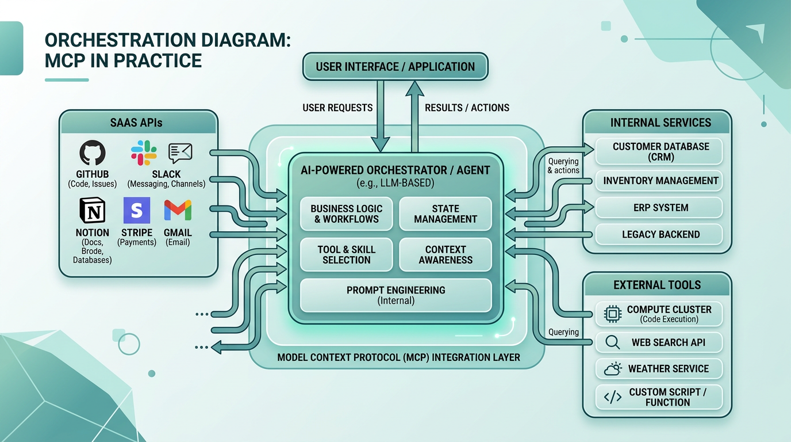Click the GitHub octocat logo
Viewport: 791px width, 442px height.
(93, 155)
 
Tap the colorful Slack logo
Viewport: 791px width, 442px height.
(144, 153)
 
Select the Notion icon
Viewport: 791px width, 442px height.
(92, 211)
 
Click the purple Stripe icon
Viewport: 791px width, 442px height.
(137, 211)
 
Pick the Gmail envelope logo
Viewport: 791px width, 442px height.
(178, 211)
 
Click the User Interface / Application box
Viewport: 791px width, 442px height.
(395, 67)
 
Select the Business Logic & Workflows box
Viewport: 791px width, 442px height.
(346, 214)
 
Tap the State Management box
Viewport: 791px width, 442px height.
(446, 214)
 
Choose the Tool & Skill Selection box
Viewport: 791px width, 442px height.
(346, 254)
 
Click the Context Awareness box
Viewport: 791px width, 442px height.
(446, 254)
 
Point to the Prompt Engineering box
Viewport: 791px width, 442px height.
(395, 295)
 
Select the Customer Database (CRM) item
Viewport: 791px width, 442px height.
(660, 152)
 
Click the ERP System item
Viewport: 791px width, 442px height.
(660, 208)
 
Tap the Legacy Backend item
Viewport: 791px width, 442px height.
(660, 234)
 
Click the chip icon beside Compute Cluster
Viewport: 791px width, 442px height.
(613, 314)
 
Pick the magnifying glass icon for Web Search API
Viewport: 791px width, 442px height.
(613, 342)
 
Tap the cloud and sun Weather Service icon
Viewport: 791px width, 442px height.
(613, 369)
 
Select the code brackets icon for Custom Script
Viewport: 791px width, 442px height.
(613, 397)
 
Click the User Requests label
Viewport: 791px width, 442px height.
(337, 108)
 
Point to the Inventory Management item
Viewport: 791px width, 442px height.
(660, 181)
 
